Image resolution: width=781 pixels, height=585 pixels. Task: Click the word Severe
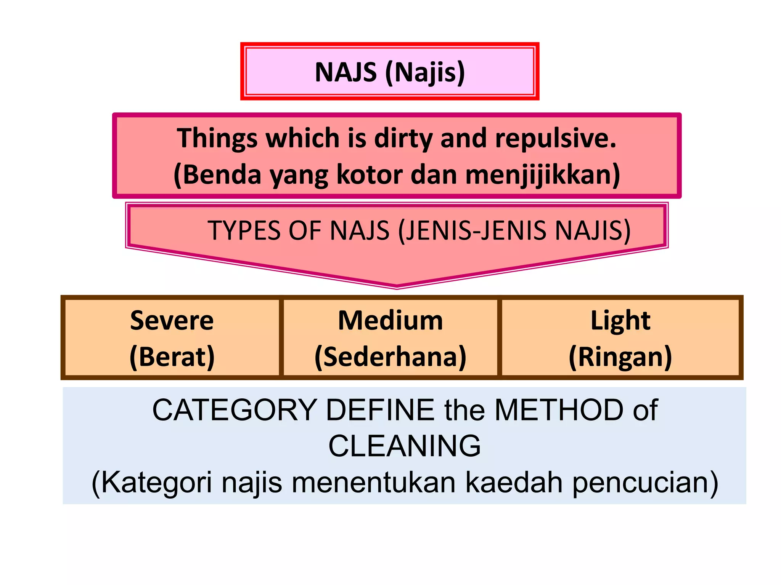[172, 321]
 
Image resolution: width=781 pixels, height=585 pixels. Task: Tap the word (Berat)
[172, 357]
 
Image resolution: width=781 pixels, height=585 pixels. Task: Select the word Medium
[390, 321]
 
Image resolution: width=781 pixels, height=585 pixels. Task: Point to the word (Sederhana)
[390, 357]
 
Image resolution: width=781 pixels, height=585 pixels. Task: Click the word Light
[620, 321]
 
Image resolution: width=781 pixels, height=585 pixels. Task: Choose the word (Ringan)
[620, 357]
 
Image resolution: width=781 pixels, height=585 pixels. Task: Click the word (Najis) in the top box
[425, 72]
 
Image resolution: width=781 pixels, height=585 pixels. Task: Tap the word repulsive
[555, 138]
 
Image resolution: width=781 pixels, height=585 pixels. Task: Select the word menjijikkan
[542, 175]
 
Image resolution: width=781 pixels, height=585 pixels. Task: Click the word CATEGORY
[235, 410]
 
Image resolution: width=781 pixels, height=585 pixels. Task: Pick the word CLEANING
[405, 446]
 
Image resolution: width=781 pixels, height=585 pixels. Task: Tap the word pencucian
[645, 483]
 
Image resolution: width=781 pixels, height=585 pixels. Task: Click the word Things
[217, 138]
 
